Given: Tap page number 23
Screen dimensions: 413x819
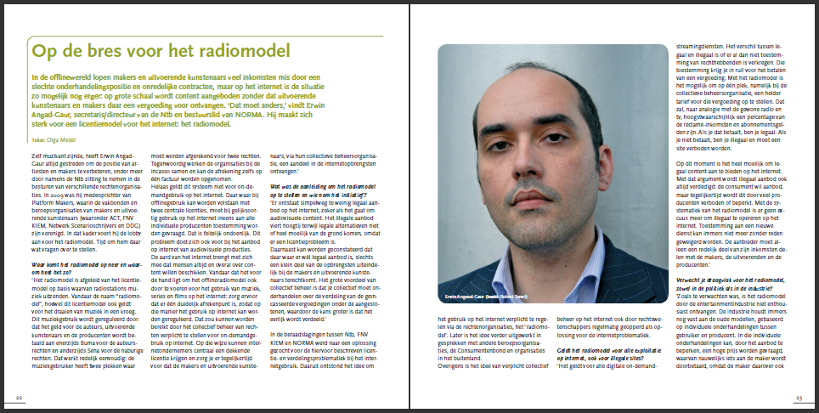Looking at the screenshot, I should [799, 398].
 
